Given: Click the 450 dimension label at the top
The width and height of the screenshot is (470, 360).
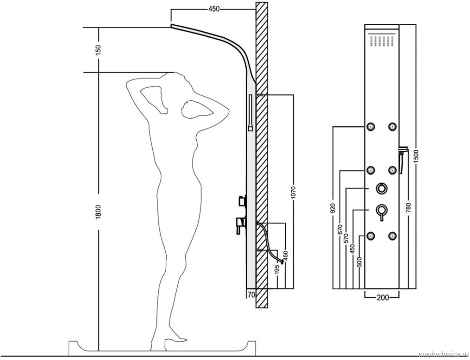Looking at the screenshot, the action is pos(214,9).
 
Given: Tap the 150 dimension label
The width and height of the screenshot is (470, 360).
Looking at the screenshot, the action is pos(99,49).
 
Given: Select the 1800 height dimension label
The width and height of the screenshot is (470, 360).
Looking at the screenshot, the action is pos(99,212).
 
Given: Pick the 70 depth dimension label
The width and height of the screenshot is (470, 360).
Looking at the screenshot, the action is pos(251,295).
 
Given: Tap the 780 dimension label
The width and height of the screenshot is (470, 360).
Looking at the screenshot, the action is pos(409,208).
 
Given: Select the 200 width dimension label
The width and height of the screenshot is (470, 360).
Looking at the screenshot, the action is pos(382,297).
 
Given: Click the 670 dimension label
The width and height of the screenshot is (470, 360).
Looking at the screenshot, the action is pos(340,230).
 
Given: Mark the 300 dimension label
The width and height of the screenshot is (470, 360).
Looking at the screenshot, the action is pos(360,262).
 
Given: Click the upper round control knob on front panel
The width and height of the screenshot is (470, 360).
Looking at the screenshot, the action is pos(381,188).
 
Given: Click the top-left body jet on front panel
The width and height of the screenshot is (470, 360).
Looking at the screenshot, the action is pos(371,126).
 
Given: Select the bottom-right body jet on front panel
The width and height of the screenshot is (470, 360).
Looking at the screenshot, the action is pos(392,236).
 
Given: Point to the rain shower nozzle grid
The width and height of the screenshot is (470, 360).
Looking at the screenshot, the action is pos(382,41).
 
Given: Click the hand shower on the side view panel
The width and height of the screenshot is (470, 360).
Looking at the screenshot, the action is pos(251,112).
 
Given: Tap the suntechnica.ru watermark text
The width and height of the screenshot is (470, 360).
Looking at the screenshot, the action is pos(444,355).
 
